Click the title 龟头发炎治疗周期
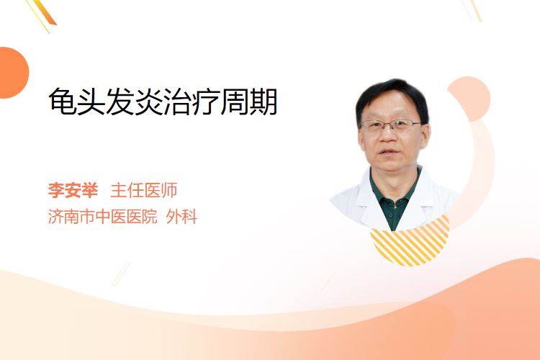coord(163,102)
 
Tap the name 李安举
coord(73,190)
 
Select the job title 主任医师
coord(144,190)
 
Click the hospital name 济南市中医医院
coord(103,217)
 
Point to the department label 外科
coord(181,217)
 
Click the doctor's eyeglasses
coord(391,126)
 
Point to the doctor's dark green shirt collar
coord(395,193)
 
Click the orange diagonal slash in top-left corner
coord(44,13)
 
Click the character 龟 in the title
coord(63,102)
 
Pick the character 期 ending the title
coord(264,102)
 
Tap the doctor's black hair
coord(392,95)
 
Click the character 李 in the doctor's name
coord(56,190)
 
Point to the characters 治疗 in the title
coord(192,102)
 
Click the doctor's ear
coord(426,135)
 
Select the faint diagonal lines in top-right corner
coord(472,9)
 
